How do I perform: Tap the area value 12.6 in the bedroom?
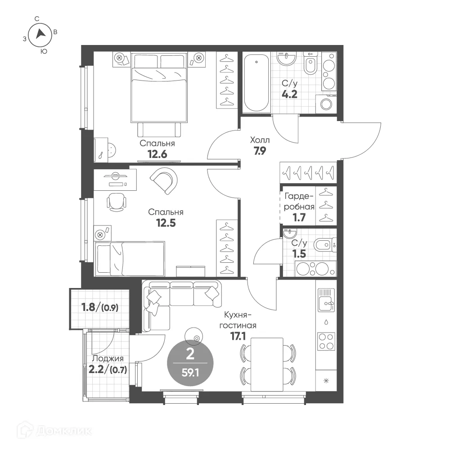click(157, 154)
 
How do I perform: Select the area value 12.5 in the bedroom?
click(166, 223)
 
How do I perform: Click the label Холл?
click(260, 140)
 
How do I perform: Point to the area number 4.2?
click(289, 94)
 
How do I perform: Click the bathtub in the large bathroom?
click(256, 83)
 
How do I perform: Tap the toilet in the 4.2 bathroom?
click(310, 63)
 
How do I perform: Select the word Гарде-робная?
click(299, 202)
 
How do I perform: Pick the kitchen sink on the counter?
click(326, 300)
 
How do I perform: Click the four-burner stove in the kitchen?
click(326, 342)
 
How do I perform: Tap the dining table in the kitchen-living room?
click(267, 364)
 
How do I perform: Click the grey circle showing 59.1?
click(190, 363)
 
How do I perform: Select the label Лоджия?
click(108, 359)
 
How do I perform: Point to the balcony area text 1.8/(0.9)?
click(100, 307)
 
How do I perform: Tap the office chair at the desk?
click(116, 202)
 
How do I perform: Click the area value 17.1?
click(238, 336)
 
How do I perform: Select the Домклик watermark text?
click(64, 431)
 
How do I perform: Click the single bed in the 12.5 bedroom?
click(130, 259)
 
